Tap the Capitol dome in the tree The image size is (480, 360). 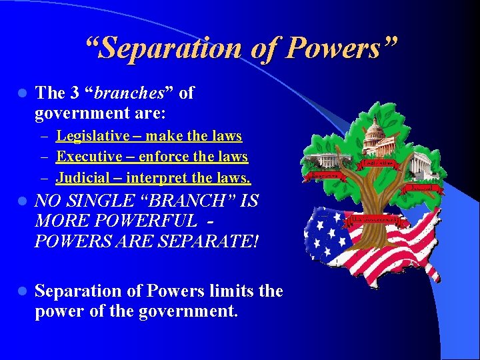point(375,133)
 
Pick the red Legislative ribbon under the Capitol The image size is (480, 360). point(379,162)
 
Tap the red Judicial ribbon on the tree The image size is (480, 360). point(421,188)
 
